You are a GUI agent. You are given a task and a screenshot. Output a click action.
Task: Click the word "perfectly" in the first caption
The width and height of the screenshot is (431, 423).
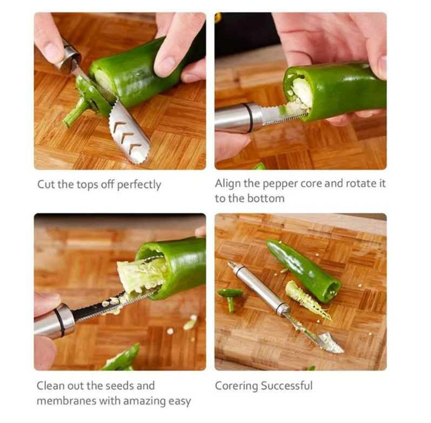point(139,185)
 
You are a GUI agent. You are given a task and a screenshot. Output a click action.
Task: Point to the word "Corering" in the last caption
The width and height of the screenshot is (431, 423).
point(236,386)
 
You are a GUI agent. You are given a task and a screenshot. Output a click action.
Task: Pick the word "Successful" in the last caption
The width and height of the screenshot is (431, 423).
point(287,385)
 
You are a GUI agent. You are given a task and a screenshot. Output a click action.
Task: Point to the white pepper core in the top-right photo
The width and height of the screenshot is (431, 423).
point(300,93)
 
